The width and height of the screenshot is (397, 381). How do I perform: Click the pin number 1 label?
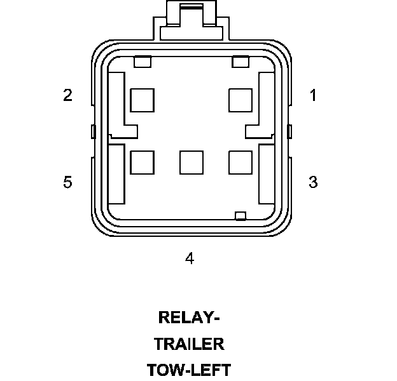pyautogui.click(x=313, y=96)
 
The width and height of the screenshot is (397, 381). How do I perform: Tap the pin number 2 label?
pyautogui.click(x=67, y=96)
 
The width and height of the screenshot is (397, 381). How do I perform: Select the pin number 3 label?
pyautogui.click(x=313, y=182)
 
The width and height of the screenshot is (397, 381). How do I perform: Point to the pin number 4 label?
pyautogui.click(x=190, y=258)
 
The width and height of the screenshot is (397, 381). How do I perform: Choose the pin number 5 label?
pyautogui.click(x=67, y=182)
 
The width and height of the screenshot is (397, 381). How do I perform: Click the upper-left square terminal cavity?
pyautogui.click(x=142, y=100)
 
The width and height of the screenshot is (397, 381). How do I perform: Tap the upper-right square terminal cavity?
pyautogui.click(x=240, y=100)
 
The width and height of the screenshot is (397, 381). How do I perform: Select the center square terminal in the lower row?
pyautogui.click(x=192, y=163)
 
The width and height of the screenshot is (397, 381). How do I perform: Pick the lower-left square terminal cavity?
pyautogui.click(x=142, y=163)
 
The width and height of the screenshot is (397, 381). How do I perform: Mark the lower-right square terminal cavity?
pyautogui.click(x=240, y=163)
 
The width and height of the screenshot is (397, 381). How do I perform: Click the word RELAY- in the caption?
pyautogui.click(x=189, y=317)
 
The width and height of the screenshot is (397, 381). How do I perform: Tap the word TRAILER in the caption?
pyautogui.click(x=189, y=344)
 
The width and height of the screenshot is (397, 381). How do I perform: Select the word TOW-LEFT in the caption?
pyautogui.click(x=189, y=370)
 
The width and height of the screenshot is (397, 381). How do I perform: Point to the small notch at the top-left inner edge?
pyautogui.click(x=143, y=62)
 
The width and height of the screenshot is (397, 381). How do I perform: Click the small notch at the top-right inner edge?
pyautogui.click(x=240, y=62)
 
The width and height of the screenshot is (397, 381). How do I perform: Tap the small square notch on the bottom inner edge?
pyautogui.click(x=240, y=216)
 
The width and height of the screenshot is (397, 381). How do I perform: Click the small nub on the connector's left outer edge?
pyautogui.click(x=93, y=132)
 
